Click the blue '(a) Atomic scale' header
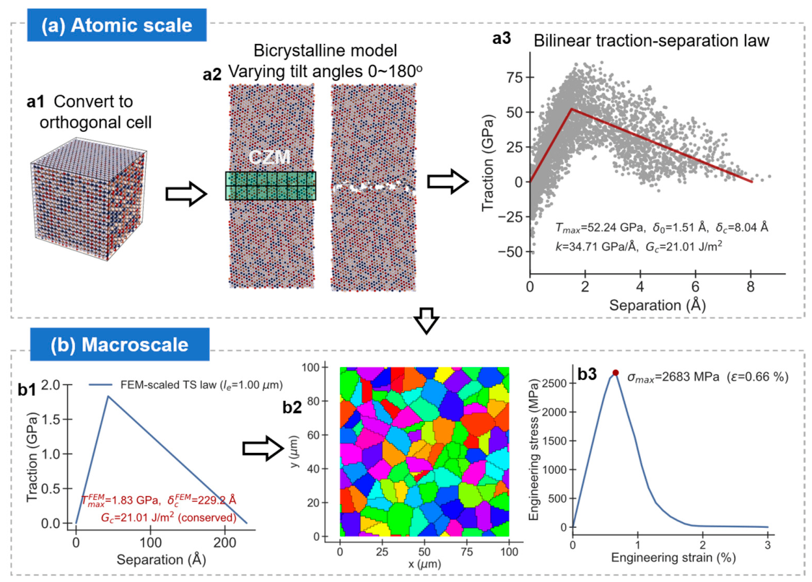click(x=116, y=25)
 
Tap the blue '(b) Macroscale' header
click(x=120, y=345)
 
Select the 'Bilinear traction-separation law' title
click(x=652, y=41)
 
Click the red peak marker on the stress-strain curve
click(x=615, y=372)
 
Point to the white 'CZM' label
click(x=269, y=157)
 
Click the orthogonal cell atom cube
click(x=88, y=198)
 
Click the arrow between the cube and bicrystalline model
click(x=186, y=194)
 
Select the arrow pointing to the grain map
click(x=263, y=447)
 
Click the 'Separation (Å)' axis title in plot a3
click(x=657, y=305)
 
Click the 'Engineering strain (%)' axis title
click(x=673, y=557)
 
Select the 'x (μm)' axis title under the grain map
click(x=424, y=564)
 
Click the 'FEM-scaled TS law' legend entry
click(x=186, y=385)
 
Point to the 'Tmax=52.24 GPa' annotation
click(x=600, y=228)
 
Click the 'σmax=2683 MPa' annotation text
click(x=673, y=377)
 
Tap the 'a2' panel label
click(x=211, y=75)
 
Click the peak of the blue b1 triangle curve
click(x=108, y=396)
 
